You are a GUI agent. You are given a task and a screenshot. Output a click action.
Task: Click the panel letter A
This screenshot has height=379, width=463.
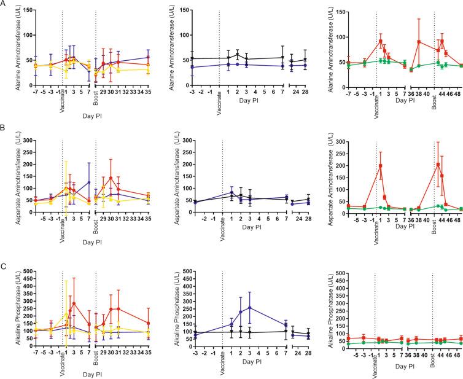pyautogui.click(x=4, y=4)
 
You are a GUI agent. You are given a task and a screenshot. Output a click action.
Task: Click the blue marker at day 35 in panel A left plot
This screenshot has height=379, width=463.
pyautogui.click(x=148, y=57)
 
